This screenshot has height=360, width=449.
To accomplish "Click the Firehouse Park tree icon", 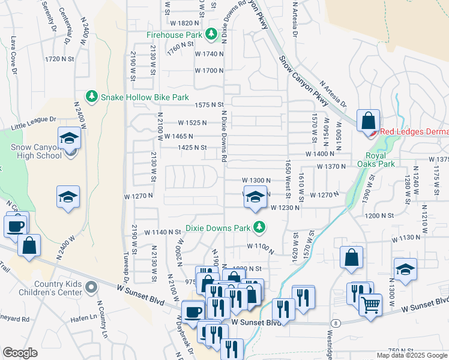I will [x=211, y=35].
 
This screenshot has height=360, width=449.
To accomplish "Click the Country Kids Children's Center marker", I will [x=91, y=287].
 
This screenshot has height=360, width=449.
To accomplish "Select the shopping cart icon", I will [x=371, y=305].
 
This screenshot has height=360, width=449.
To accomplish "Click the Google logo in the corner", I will [x=20, y=352].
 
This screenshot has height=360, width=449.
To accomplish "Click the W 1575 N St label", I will [x=209, y=105].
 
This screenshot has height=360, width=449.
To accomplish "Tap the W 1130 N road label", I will [x=406, y=238].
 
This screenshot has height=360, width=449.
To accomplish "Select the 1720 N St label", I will [x=59, y=59].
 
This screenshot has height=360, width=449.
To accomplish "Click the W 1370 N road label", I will [x=332, y=166].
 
